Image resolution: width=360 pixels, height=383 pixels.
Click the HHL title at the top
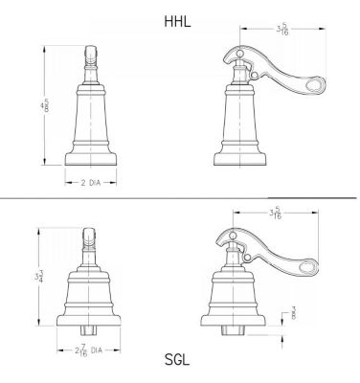(x=179, y=19)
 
